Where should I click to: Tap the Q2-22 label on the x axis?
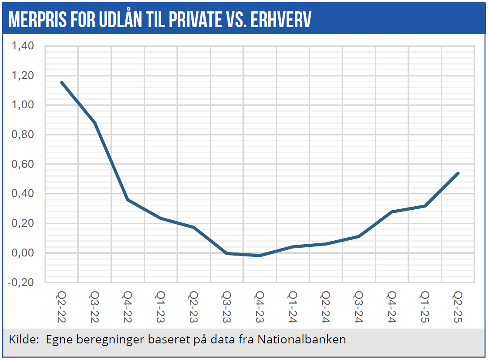[x=62, y=306]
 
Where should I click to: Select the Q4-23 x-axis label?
[x=260, y=306]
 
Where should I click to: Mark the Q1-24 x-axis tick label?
[x=293, y=306]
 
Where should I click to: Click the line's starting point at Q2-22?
[x=62, y=82]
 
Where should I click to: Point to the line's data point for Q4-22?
[x=128, y=200]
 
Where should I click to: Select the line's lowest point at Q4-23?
[x=260, y=255]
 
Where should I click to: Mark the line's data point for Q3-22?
[x=95, y=123]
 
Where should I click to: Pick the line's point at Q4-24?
[x=392, y=212]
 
